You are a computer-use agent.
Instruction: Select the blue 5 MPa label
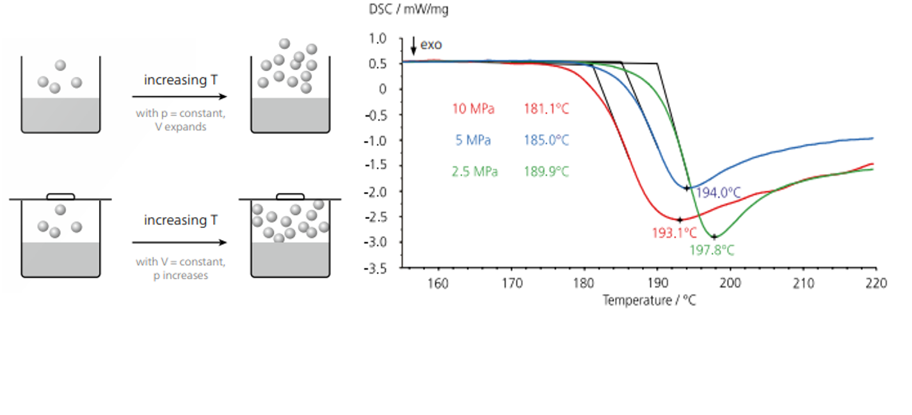[x=473, y=140]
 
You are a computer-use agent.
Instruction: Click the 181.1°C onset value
[x=546, y=109]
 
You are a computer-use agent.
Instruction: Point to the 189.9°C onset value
[x=546, y=172]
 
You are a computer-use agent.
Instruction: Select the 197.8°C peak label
[x=712, y=250]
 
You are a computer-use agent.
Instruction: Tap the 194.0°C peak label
[x=718, y=193]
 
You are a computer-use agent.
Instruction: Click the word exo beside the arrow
[x=431, y=45]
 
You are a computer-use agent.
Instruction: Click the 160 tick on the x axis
[x=438, y=282]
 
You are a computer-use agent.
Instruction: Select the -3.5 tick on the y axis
[x=377, y=268]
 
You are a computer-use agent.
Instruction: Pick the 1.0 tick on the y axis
[x=379, y=38]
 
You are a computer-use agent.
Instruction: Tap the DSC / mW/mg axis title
[x=404, y=10]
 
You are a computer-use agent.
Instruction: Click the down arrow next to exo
[x=413, y=45]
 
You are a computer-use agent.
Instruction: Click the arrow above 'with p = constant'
[x=179, y=97]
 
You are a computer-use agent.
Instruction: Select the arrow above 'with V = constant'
[x=179, y=243]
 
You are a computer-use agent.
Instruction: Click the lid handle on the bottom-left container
[x=61, y=196]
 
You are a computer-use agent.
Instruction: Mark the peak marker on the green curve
[x=714, y=237]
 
